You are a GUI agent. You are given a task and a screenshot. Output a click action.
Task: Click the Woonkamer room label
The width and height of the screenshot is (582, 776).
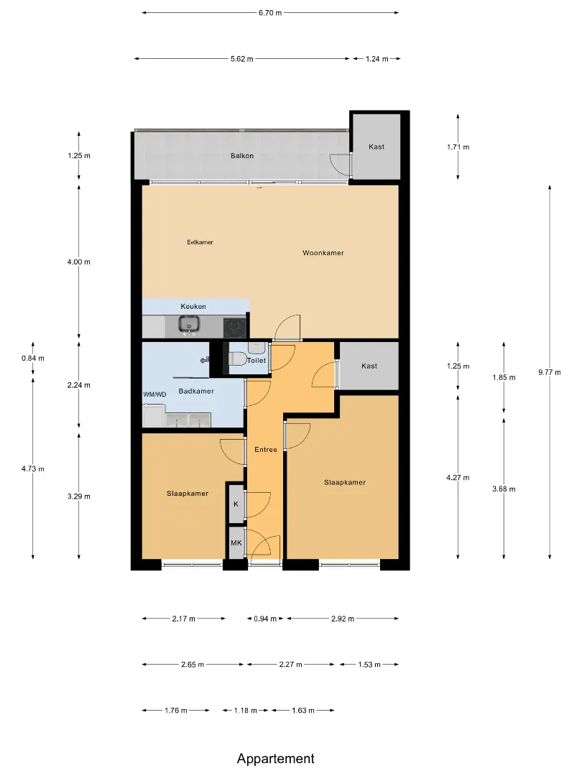[323, 253]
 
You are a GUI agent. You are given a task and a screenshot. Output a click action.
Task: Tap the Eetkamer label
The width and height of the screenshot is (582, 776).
[200, 242]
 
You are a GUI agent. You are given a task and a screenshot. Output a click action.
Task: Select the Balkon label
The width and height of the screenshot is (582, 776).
[242, 155]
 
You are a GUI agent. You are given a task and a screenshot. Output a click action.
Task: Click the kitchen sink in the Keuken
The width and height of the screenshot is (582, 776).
[188, 325]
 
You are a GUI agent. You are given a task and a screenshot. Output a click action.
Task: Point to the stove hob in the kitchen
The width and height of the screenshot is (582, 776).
[234, 327]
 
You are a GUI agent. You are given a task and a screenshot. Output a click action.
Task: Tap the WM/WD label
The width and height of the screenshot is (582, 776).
[154, 394]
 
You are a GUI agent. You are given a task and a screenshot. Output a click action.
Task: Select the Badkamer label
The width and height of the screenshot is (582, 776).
[196, 391]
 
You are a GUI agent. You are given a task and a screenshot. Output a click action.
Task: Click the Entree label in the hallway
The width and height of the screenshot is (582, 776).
[266, 449]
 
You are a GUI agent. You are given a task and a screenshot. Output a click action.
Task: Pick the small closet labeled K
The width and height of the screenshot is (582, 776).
[236, 503]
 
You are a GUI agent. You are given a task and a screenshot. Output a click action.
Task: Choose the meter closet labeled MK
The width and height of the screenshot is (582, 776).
[236, 543]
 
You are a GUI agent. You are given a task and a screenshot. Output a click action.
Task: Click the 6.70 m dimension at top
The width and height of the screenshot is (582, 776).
[270, 13]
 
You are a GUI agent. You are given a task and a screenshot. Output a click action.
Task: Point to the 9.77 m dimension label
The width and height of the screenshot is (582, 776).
[550, 372]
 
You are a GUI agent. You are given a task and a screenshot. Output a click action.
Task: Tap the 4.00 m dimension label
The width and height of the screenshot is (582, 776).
[79, 262]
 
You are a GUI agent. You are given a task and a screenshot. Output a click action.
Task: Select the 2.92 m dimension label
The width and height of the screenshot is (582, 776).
[343, 619]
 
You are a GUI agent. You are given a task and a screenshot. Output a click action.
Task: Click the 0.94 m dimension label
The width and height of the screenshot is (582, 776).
[265, 619]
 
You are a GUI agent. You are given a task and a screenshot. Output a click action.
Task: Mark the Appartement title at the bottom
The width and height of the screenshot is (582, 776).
[276, 759]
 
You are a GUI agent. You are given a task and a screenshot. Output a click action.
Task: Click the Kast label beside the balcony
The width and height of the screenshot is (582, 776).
[377, 147]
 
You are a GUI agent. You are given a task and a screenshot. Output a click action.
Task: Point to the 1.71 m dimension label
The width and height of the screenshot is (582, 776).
[458, 147]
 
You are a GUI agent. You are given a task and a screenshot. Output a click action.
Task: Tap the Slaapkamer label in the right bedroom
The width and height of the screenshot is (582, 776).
[345, 483]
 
